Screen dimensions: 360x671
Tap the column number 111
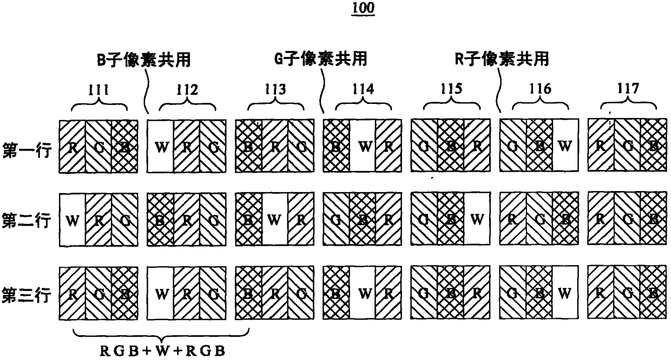coord(100,90)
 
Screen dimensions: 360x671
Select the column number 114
coord(363,90)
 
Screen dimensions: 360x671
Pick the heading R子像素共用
coord(501,60)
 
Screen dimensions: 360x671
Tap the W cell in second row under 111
coord(71,220)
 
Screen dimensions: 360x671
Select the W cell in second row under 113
coord(275,220)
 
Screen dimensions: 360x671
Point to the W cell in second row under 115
coord(477,220)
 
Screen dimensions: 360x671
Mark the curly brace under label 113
coord(275,104)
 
